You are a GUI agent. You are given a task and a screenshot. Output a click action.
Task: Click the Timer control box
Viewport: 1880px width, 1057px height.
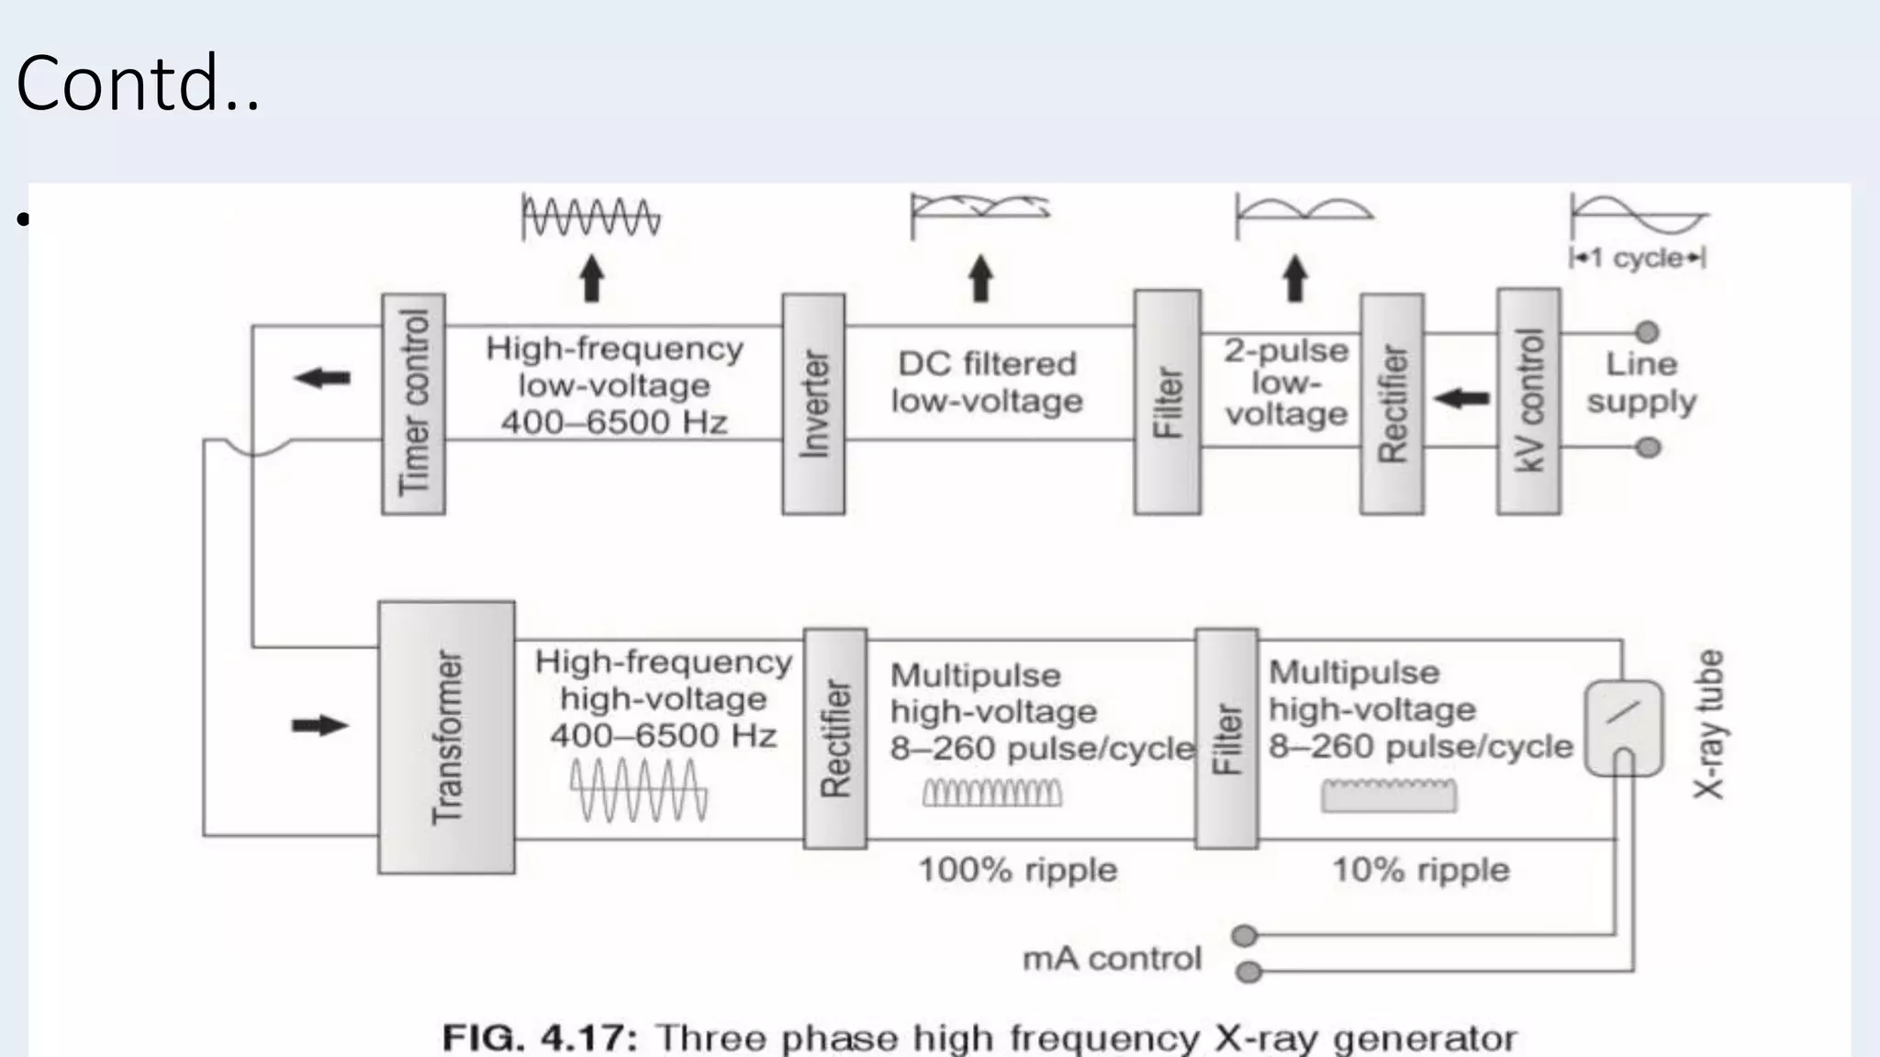point(413,404)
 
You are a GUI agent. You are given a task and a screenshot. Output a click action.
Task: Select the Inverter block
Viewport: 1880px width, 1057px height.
point(813,404)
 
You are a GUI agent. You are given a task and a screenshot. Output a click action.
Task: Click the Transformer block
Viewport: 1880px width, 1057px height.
point(446,737)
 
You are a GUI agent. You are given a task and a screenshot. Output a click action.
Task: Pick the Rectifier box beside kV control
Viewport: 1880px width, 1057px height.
point(1392,404)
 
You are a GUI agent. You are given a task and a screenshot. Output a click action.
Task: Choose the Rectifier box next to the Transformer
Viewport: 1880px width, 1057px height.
point(834,738)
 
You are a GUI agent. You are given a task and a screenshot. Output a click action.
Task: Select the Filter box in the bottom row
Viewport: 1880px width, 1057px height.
point(1226,738)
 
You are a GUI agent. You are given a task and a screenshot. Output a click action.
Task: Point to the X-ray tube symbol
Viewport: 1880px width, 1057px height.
point(1623,728)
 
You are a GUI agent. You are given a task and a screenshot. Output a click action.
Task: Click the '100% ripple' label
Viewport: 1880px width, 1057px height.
point(1017,870)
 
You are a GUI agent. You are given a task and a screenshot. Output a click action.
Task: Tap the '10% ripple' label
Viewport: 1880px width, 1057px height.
point(1420,870)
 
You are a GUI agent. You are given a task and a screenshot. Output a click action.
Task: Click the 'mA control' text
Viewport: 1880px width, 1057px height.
point(1112,959)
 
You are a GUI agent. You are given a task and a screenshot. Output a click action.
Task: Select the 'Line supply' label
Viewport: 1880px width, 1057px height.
point(1641,383)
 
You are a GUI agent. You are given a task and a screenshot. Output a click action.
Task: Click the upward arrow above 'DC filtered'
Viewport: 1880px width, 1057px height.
point(980,278)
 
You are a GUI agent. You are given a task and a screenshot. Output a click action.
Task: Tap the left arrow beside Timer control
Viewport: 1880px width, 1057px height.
point(322,377)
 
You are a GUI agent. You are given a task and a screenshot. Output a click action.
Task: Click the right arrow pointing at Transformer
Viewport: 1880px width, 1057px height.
point(319,726)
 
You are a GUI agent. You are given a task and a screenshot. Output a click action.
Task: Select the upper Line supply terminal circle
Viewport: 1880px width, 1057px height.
point(1648,331)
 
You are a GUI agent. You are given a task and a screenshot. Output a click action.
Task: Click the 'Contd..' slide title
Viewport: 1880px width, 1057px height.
point(138,83)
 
